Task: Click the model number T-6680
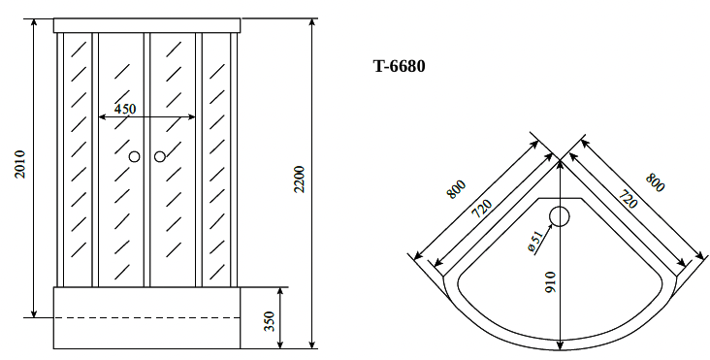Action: tap(399, 67)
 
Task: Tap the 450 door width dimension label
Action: tap(125, 110)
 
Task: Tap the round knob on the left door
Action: tap(135, 155)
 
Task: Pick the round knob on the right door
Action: tap(159, 155)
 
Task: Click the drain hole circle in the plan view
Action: tap(561, 216)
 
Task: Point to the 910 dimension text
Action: tap(550, 281)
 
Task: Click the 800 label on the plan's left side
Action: tap(456, 189)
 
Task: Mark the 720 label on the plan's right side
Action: tap(628, 202)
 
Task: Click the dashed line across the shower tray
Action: tap(145, 317)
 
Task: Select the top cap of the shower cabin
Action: tap(145, 24)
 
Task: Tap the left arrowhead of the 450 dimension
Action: tap(101, 119)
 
